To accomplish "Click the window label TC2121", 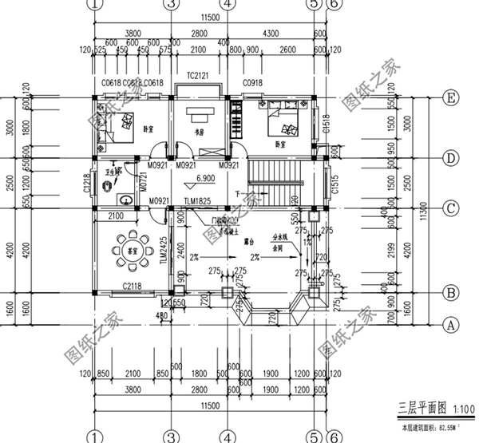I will click(199, 75).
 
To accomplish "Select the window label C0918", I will click(252, 82).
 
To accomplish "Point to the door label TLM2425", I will click(163, 249).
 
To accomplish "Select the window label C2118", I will click(133, 285).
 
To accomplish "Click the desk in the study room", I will click(198, 112).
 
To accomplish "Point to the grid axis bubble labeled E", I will click(451, 98).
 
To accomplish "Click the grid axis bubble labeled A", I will click(451, 324).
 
